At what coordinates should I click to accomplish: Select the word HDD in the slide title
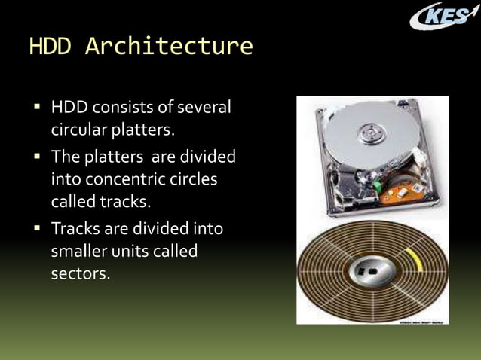point(51,47)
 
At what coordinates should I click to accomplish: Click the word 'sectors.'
point(80,273)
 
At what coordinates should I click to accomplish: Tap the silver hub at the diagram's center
point(372,270)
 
